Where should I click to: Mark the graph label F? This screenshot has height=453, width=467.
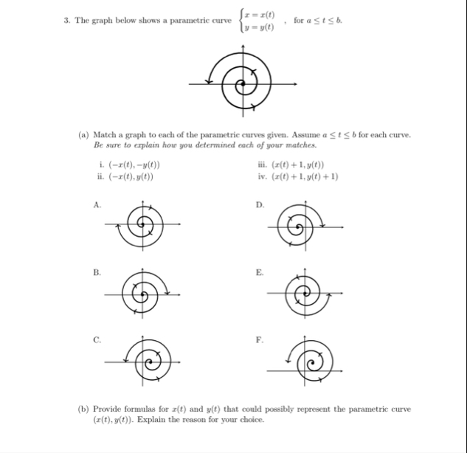(x=257, y=340)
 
